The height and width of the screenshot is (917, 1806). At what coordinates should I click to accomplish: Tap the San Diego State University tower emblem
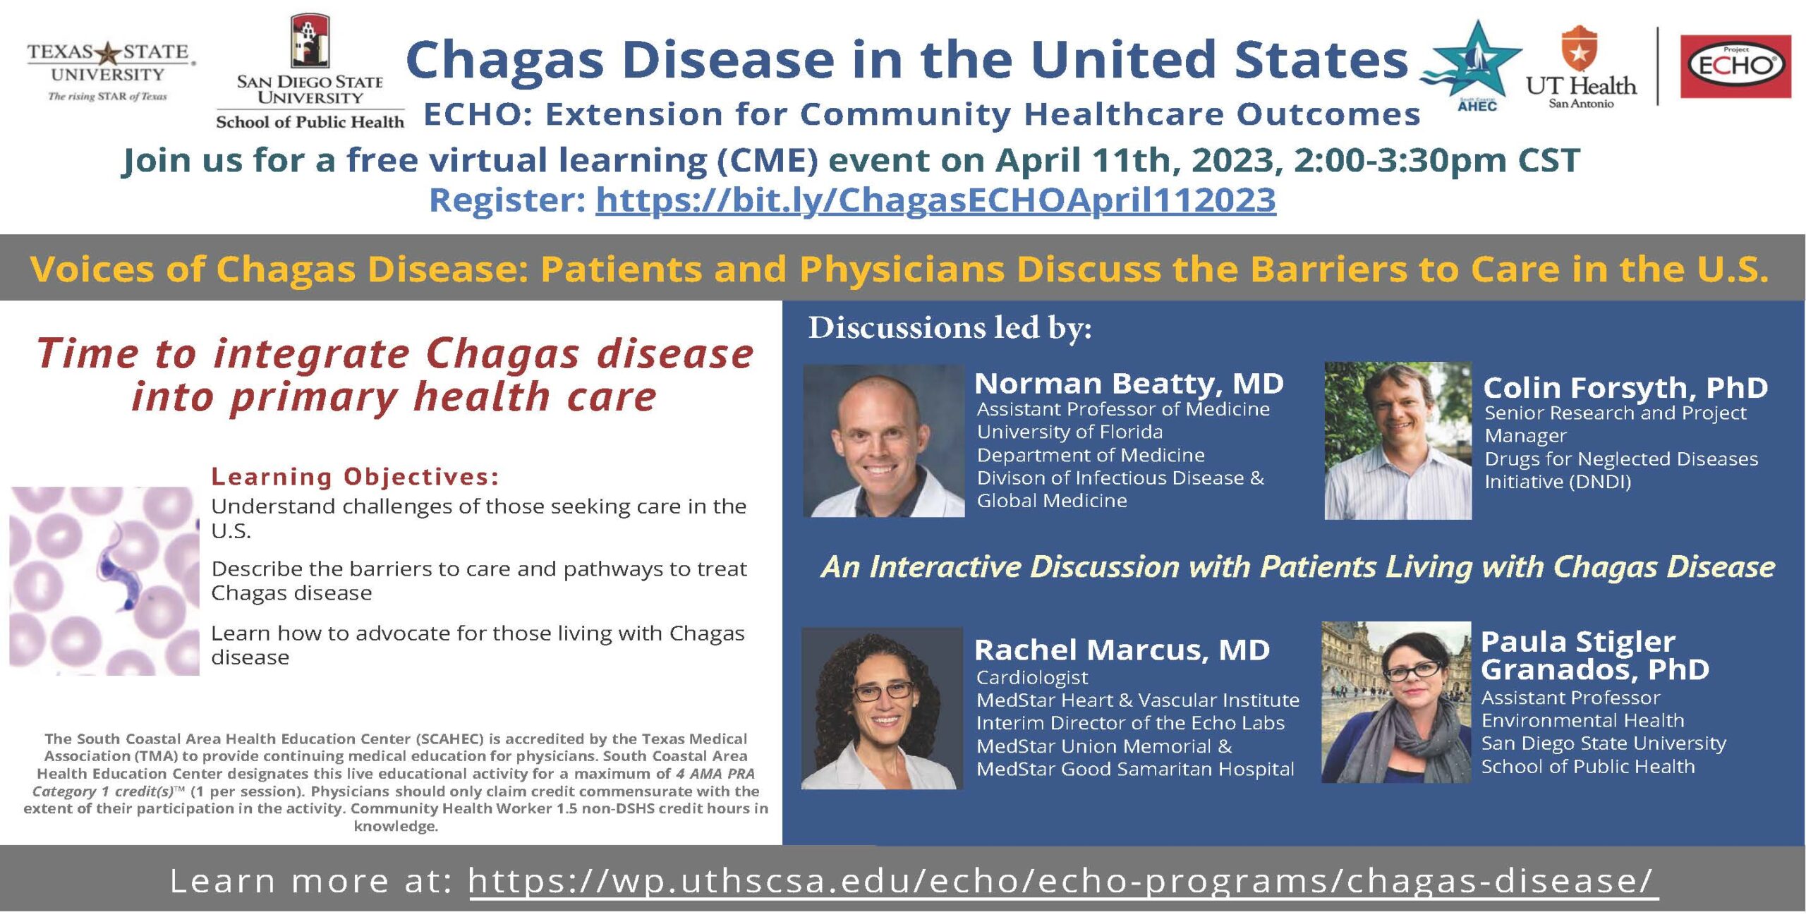tap(310, 41)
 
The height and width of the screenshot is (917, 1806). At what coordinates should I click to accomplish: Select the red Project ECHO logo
tap(1735, 66)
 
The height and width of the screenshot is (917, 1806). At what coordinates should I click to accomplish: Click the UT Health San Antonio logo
tap(1580, 68)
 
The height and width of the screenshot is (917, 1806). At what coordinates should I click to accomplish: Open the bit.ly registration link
tap(935, 200)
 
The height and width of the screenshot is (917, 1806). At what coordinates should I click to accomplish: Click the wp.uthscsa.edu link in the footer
tap(1062, 881)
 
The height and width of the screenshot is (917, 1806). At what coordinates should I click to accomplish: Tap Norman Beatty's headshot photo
tap(883, 441)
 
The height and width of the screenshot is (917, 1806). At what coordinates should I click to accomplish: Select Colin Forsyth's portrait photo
tap(1398, 441)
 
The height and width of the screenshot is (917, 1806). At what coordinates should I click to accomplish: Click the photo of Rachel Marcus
tap(882, 708)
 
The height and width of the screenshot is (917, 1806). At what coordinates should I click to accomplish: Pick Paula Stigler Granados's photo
tap(1396, 702)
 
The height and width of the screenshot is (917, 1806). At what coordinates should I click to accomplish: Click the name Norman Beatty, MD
tap(1129, 384)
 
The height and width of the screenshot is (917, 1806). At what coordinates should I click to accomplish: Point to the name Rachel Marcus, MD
tap(1122, 650)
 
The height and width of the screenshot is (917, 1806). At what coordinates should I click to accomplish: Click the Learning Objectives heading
tap(355, 477)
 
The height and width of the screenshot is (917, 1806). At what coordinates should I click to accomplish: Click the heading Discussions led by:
tap(950, 328)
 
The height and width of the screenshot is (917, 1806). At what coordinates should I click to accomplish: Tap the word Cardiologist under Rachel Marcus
tap(1031, 678)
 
